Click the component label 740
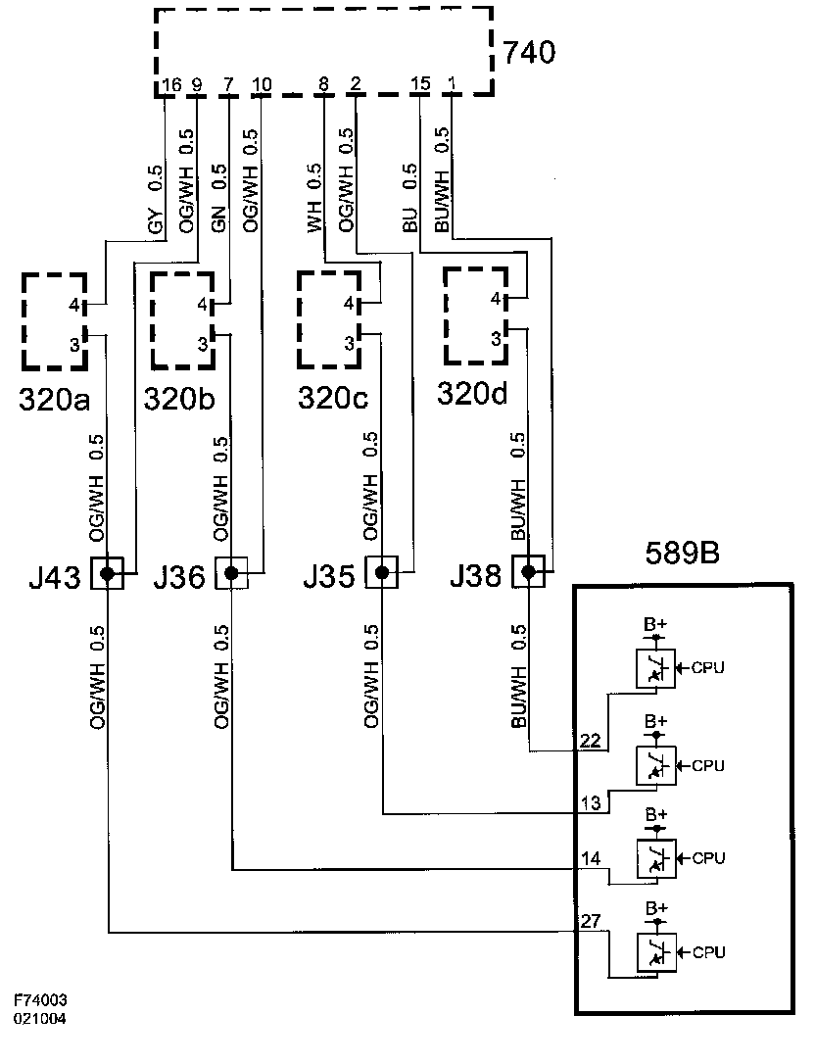click(529, 52)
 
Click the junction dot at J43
click(107, 573)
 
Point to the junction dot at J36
click(231, 573)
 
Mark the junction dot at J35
click(382, 573)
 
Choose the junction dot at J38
click(530, 573)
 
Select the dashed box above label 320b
click(182, 319)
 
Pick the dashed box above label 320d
click(475, 314)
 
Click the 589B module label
click(683, 554)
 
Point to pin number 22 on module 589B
click(590, 741)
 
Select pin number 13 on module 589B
click(590, 803)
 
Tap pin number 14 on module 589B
click(590, 859)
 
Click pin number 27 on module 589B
click(590, 921)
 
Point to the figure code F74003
click(40, 1001)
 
